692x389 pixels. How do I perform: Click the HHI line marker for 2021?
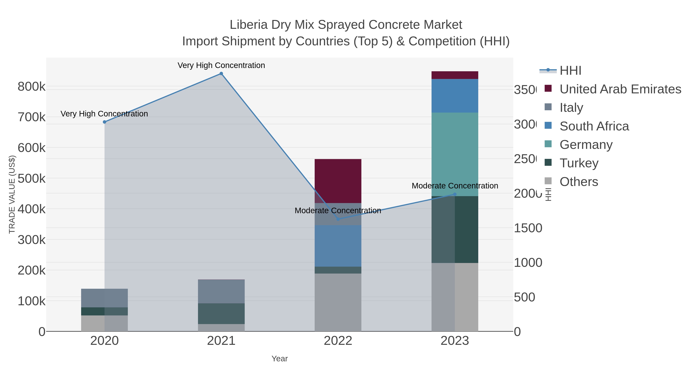click(x=221, y=74)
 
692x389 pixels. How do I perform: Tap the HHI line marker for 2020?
click(x=105, y=122)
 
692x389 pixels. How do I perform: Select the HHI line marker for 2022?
click(x=338, y=219)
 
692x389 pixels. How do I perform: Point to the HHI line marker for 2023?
click(x=455, y=194)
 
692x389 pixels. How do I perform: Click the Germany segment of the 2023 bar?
click(x=455, y=154)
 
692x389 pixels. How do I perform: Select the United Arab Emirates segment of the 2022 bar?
click(x=338, y=181)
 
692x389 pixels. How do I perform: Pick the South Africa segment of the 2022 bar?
click(x=338, y=246)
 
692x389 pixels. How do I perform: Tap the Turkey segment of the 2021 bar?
click(x=221, y=314)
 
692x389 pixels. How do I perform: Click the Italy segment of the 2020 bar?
click(x=105, y=298)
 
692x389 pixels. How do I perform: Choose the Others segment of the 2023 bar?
click(x=455, y=297)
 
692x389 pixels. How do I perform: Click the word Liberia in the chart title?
click(x=249, y=25)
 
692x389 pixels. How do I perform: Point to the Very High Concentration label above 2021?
click(x=221, y=66)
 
